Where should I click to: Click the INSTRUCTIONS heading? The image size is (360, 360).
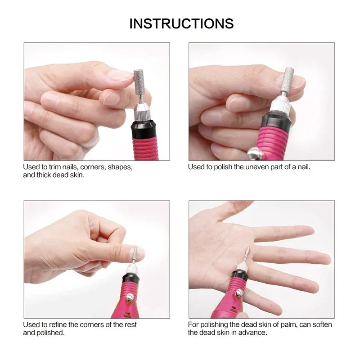point(181,23)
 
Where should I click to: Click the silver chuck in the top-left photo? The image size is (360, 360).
point(141,112)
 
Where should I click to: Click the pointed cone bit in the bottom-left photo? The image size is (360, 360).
point(134,254)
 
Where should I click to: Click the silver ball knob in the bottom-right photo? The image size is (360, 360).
point(240,293)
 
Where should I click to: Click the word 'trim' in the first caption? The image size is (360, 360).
point(54,167)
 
